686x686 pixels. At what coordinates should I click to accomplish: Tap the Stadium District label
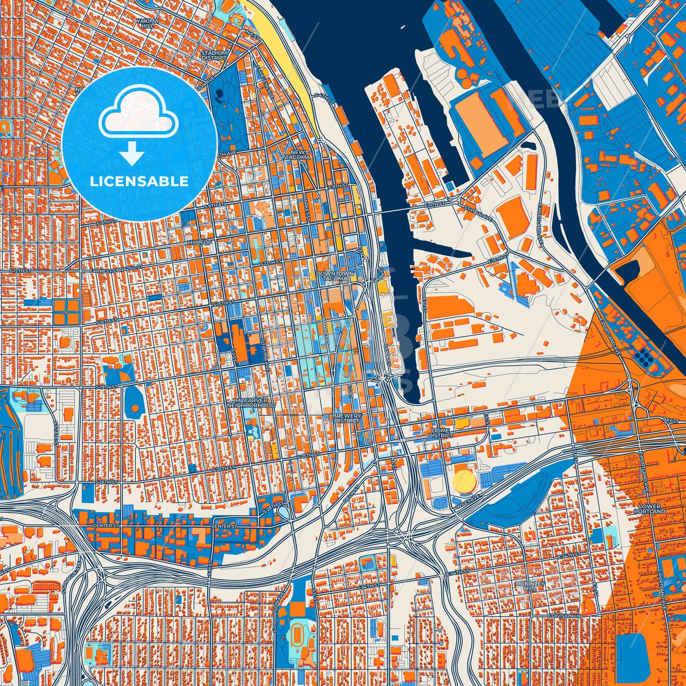click(213, 55)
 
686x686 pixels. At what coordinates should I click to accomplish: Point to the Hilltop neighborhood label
click(200, 242)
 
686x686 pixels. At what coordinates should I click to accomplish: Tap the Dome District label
click(440, 433)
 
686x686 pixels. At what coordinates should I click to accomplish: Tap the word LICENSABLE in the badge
click(139, 182)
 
